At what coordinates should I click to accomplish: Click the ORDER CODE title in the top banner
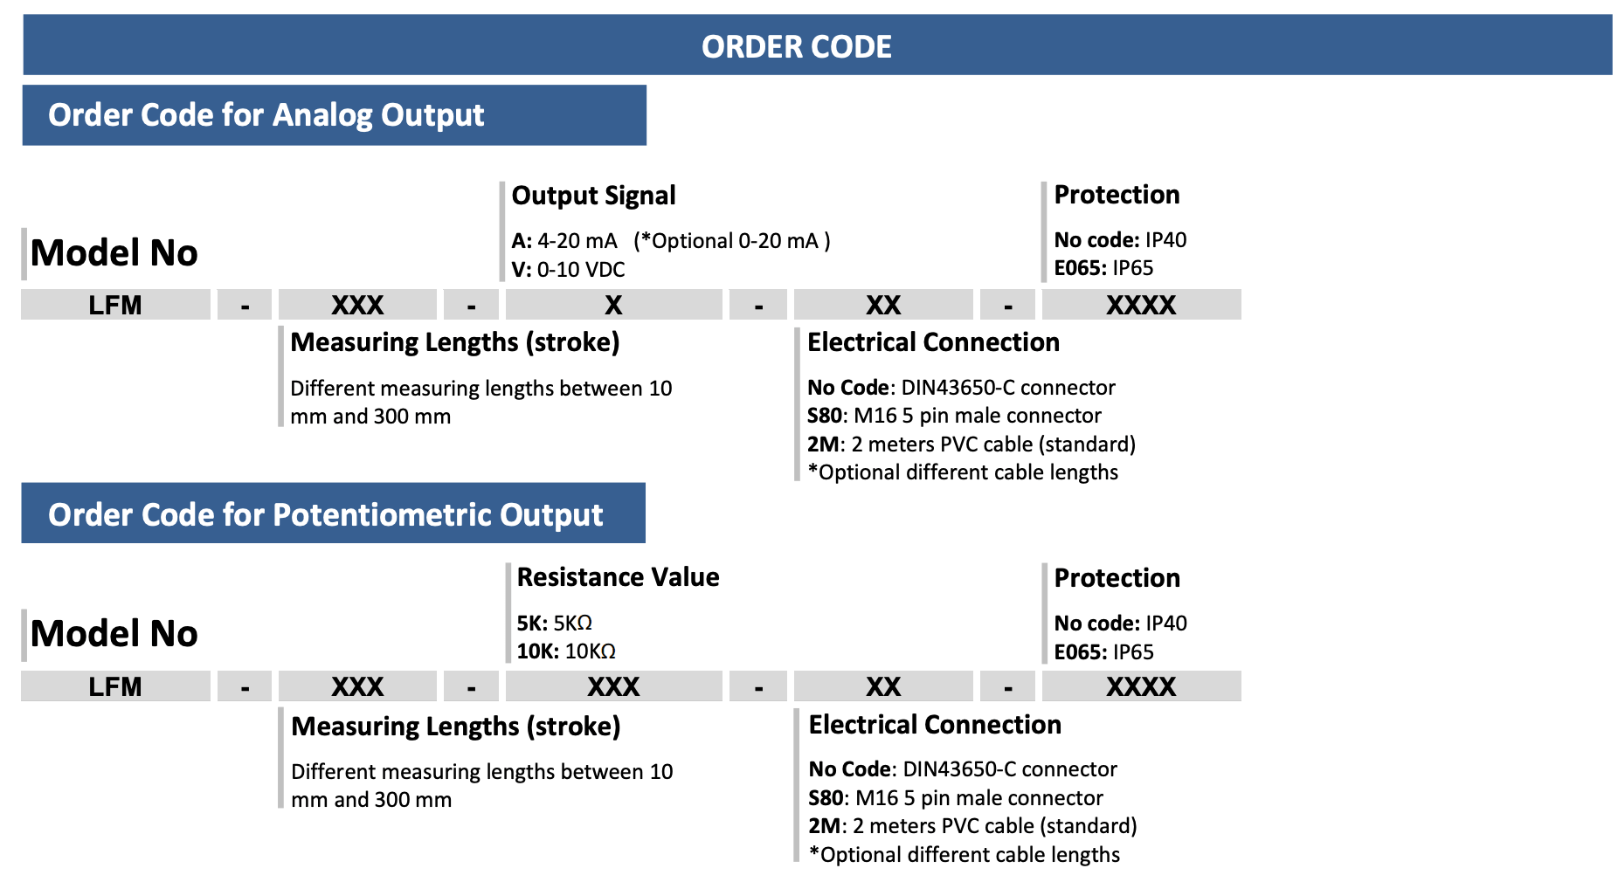pyautogui.click(x=796, y=46)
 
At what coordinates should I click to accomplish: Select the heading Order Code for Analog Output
pyautogui.click(x=266, y=115)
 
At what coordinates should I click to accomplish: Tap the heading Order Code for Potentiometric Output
pyautogui.click(x=325, y=515)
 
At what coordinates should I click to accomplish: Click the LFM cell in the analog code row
pyautogui.click(x=115, y=305)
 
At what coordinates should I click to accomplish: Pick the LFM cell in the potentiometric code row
pyautogui.click(x=115, y=686)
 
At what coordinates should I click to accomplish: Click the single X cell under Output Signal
pyautogui.click(x=613, y=305)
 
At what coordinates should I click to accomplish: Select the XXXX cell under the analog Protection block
pyautogui.click(x=1141, y=305)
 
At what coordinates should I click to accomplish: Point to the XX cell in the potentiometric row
pyautogui.click(x=883, y=686)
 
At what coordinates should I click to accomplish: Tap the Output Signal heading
pyautogui.click(x=593, y=196)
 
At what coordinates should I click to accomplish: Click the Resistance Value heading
pyautogui.click(x=618, y=577)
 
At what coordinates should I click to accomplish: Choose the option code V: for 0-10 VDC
pyautogui.click(x=522, y=270)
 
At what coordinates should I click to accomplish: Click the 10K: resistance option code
pyautogui.click(x=537, y=651)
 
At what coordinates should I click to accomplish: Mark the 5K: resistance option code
pyautogui.click(x=532, y=624)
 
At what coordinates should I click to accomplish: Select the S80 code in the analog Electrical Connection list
pyautogui.click(x=825, y=416)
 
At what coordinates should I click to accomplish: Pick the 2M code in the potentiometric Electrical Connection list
pyautogui.click(x=825, y=826)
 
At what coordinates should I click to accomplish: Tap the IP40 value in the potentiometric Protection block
pyautogui.click(x=1166, y=624)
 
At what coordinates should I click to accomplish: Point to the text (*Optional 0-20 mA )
pyautogui.click(x=732, y=241)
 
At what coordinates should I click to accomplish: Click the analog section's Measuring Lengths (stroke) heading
pyautogui.click(x=454, y=342)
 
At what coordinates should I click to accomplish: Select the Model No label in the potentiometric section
pyautogui.click(x=114, y=633)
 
